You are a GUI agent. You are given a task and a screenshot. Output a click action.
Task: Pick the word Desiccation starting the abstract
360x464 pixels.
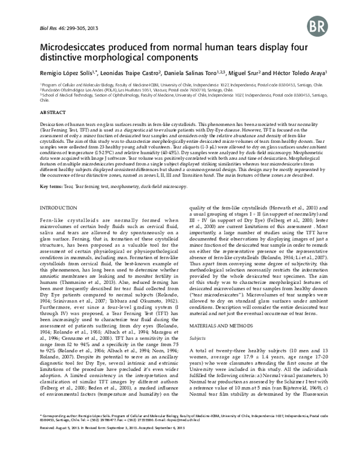tap(53, 123)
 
